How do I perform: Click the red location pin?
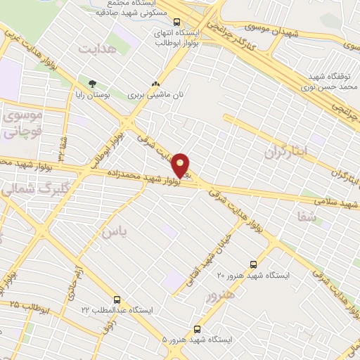[181, 165]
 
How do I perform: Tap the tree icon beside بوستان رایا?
[92, 83]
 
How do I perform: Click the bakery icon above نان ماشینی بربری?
[155, 83]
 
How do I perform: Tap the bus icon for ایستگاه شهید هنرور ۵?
[198, 328]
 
